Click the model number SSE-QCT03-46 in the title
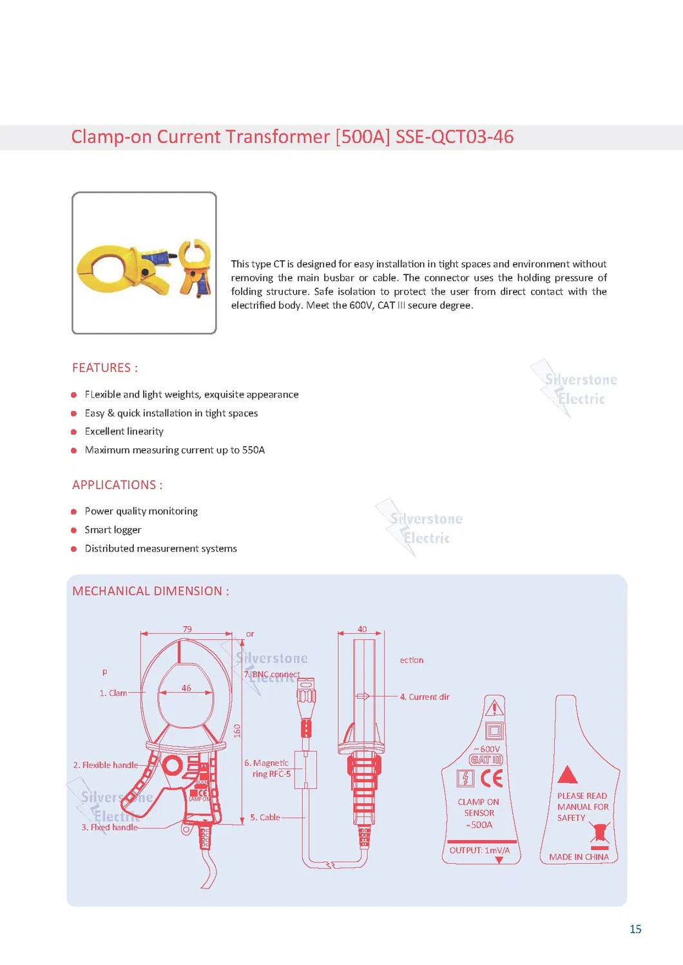click(x=454, y=137)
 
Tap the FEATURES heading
click(x=104, y=368)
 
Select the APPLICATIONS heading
click(x=117, y=485)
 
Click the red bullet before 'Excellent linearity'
click(x=74, y=432)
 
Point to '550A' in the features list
click(x=253, y=450)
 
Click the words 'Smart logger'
click(x=113, y=530)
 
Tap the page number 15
click(x=635, y=929)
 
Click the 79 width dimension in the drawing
click(x=187, y=629)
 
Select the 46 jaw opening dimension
click(x=186, y=688)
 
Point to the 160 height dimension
click(x=237, y=731)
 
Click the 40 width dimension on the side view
click(x=362, y=629)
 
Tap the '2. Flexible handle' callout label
click(x=105, y=765)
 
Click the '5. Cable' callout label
click(x=265, y=817)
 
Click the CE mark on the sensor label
click(x=492, y=778)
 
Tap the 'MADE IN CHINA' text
click(x=579, y=857)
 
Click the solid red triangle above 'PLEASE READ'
click(x=567, y=775)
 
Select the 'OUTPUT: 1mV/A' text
click(x=479, y=850)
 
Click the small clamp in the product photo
click(x=195, y=266)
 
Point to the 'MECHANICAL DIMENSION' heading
click(x=150, y=591)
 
